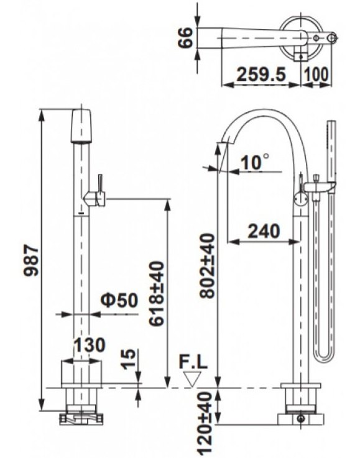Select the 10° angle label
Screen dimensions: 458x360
point(255,163)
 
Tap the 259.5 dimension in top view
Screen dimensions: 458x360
point(261,75)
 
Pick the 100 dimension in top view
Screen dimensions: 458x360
point(317,75)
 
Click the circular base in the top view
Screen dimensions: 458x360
point(302,39)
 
